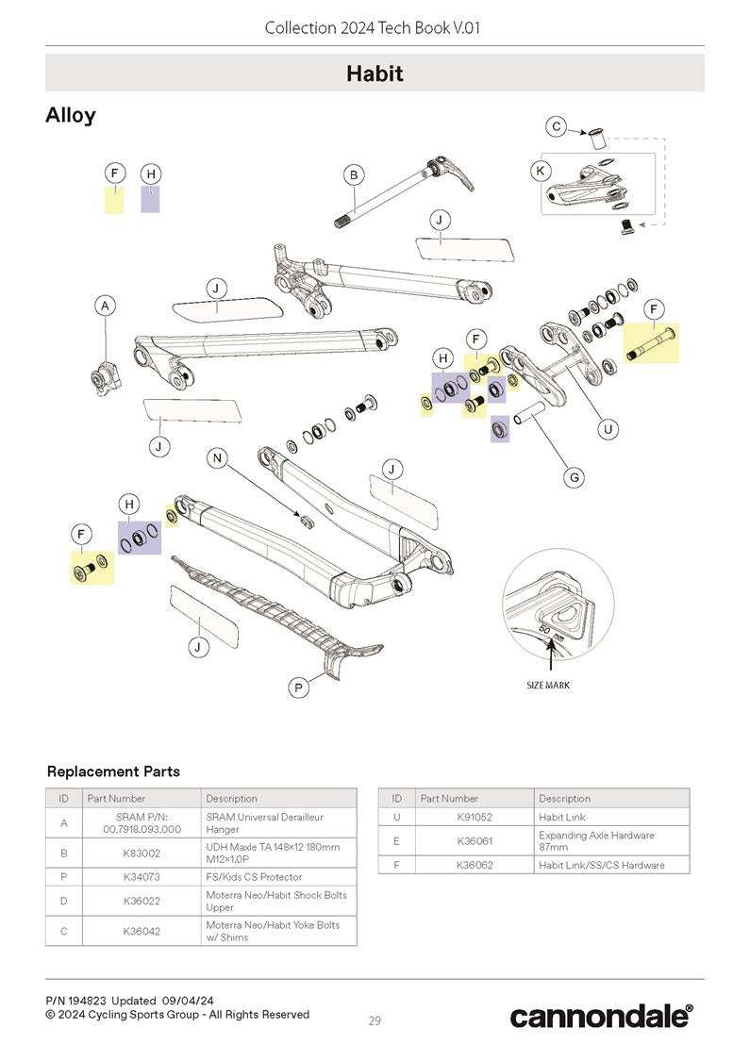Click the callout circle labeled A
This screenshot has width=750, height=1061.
click(x=106, y=306)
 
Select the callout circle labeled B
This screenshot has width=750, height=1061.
click(x=353, y=174)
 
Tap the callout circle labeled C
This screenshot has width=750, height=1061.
click(x=557, y=126)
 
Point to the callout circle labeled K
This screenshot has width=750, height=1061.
click(x=540, y=171)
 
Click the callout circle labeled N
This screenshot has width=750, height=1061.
click(x=218, y=458)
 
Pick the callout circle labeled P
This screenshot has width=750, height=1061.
click(x=298, y=688)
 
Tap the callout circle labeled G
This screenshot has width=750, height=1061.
click(x=574, y=477)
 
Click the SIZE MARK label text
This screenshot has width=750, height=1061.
click(x=547, y=685)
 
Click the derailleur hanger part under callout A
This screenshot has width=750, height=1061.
click(x=102, y=377)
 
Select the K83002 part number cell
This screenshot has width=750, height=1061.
click(x=141, y=854)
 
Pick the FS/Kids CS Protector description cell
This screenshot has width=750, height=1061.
click(x=254, y=877)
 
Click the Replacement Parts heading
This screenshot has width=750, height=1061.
click(x=113, y=771)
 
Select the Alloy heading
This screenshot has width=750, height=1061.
click(x=71, y=115)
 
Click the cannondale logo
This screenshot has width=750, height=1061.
click(x=601, y=1016)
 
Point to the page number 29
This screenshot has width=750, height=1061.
click(x=375, y=1020)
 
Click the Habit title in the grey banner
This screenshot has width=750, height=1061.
click(x=375, y=74)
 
